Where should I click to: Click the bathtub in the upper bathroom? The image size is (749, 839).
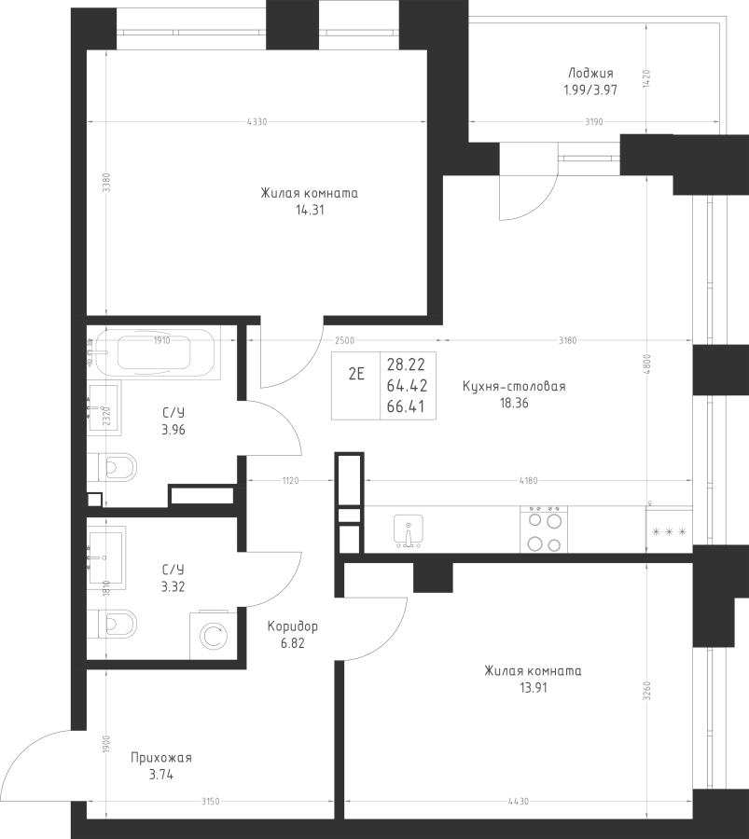(155, 353)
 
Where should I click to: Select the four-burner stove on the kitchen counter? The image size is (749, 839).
(544, 530)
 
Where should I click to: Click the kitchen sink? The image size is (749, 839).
(408, 530)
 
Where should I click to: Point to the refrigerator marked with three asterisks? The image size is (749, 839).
(669, 530)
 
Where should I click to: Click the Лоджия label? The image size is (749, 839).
(590, 74)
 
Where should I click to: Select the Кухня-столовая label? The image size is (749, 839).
(514, 386)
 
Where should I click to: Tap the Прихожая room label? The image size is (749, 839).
(161, 758)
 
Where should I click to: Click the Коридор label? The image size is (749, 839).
(292, 626)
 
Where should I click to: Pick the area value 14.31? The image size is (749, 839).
(310, 211)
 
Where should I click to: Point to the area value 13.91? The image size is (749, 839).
(534, 688)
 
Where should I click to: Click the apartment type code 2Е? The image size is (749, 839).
(356, 374)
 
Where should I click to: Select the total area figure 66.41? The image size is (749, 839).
(406, 406)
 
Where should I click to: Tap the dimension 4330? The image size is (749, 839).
(257, 122)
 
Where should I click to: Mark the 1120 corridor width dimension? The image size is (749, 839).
(291, 480)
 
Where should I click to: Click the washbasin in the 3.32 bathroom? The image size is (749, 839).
(106, 557)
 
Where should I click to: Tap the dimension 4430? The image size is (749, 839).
(519, 802)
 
